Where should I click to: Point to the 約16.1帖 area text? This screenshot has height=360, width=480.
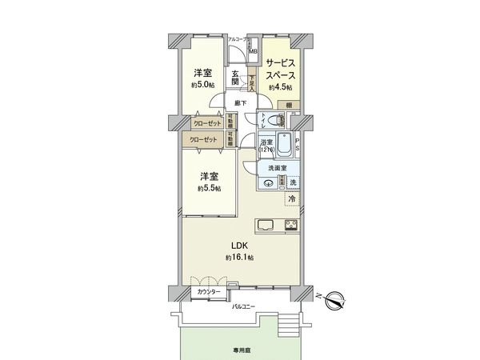tap(239, 258)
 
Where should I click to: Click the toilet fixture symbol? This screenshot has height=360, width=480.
tap(274, 121)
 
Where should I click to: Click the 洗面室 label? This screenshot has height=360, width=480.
tap(278, 168)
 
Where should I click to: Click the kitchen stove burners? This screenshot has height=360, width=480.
tap(290, 224)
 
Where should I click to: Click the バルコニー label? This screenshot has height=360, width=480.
tap(243, 306)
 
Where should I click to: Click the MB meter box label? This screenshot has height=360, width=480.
tap(252, 52)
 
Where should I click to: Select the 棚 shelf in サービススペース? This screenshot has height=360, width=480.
tap(288, 105)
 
